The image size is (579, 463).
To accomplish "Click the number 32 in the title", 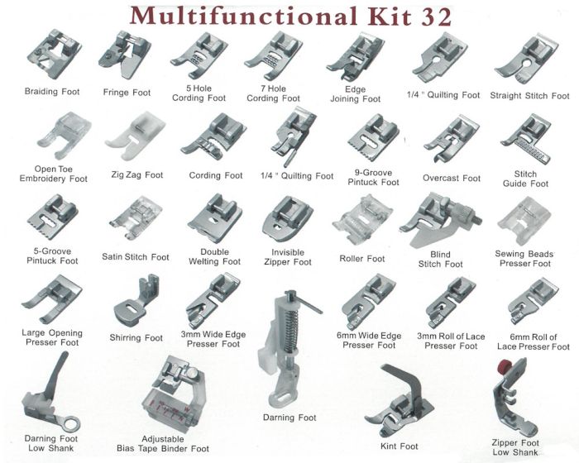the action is pyautogui.click(x=436, y=17).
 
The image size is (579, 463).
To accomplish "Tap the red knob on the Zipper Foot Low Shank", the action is pyautogui.click(x=503, y=366).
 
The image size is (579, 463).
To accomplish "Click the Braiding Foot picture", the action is pyautogui.click(x=54, y=54).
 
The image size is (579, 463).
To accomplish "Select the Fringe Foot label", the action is pyautogui.click(x=127, y=93).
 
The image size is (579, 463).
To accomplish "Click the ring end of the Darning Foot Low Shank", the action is pyautogui.click(x=70, y=423).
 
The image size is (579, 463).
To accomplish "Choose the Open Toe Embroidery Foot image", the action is pyautogui.click(x=64, y=136).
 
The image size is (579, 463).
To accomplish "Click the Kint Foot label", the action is pyautogui.click(x=400, y=446).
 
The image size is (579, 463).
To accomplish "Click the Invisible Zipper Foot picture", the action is pyautogui.click(x=288, y=219).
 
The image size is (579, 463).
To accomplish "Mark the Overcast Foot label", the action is pyautogui.click(x=452, y=179).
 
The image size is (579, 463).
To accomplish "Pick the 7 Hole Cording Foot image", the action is pyautogui.click(x=274, y=56).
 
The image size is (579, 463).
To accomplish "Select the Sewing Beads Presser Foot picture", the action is pyautogui.click(x=524, y=222).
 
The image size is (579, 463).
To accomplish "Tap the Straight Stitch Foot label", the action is pyautogui.click(x=529, y=96).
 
